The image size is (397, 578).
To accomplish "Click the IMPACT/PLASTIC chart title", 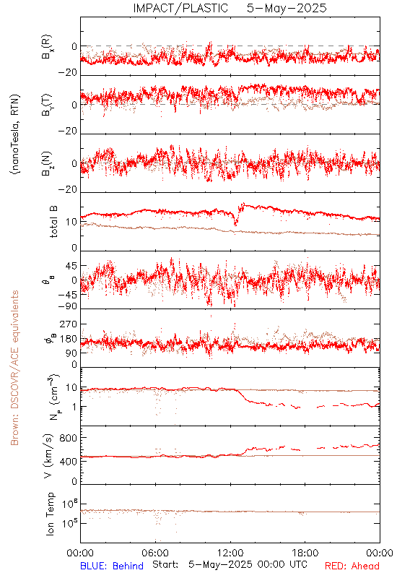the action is pos(180,8).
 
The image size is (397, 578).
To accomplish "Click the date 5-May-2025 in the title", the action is pos(287,8).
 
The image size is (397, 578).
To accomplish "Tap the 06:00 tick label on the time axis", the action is pos(155,553).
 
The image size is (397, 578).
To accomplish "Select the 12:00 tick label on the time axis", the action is pos(230,553).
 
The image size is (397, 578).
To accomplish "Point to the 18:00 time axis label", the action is pos(305,553).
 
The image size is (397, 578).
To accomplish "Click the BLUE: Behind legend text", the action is pos(112,566).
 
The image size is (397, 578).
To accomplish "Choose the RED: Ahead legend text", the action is pos(352,566).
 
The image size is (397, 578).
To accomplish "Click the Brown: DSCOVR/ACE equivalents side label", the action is pos(14,368).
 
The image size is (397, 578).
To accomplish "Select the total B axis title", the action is pos(53,222).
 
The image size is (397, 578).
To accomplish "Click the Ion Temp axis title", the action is pos(50,514).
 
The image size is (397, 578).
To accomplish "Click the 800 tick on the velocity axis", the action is pos(69,438).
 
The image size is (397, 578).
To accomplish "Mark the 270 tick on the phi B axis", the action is pos(69,324).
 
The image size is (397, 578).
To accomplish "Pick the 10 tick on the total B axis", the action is pos(71,223).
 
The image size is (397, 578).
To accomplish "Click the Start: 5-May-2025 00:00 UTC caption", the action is pos(230,564).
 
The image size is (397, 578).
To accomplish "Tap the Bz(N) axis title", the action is pos(47,163).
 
